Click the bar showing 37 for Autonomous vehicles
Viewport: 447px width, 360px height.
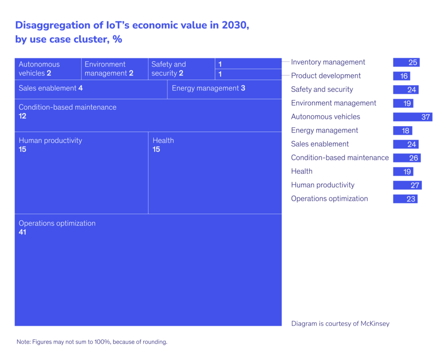413,117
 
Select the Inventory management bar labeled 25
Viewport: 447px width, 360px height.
406,62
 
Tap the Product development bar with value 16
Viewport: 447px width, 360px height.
402,76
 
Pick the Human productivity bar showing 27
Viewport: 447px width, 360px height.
407,185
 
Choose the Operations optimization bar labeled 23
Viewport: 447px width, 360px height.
405,199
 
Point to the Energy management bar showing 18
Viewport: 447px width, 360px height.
402,131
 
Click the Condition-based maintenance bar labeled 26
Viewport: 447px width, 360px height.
407,158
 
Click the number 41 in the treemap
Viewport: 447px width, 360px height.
22,232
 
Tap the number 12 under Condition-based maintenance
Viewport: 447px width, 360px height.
22,116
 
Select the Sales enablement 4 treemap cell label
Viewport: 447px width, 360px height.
51,88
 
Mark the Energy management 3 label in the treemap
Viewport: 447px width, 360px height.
208,88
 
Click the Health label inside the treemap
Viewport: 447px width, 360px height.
163,141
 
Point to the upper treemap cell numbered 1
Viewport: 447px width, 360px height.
248,64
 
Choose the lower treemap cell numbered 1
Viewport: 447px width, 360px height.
248,74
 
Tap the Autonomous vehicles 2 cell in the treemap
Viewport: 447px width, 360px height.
48,69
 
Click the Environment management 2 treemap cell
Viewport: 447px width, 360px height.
114,69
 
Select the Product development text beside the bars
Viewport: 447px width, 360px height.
326,76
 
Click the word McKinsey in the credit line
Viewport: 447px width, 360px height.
373,324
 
